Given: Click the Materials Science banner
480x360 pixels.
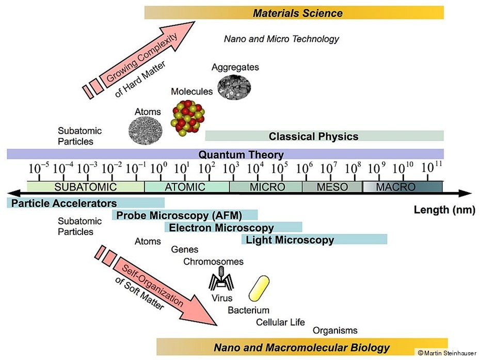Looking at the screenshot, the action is click(294, 12).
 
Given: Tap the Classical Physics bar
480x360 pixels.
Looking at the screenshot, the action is click(324, 136).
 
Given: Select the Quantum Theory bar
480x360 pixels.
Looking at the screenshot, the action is click(226, 154).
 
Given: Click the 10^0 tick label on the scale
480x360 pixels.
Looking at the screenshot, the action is click(158, 168).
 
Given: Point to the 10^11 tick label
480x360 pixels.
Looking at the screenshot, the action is click(431, 167).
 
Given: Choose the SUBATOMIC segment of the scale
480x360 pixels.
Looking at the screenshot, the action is click(86, 186).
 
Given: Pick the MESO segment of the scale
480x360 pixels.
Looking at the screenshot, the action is click(332, 186).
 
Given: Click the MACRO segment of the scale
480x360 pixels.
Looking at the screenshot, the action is click(402, 186).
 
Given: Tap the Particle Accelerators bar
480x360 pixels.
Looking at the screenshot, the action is click(86, 203).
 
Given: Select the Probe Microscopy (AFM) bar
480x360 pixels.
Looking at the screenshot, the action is click(185, 215).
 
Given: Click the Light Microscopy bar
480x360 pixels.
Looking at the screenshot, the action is click(314, 239).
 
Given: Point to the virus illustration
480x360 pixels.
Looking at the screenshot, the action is click(221, 279).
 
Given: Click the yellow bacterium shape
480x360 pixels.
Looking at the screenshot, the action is click(259, 289).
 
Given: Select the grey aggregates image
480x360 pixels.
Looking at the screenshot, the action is click(234, 87).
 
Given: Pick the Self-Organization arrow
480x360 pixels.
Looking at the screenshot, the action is click(156, 286).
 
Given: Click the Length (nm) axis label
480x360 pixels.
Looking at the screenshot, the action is click(444, 210).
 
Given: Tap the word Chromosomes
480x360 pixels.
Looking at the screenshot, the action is click(213, 262).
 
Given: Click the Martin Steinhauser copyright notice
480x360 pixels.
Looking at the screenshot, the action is click(447, 353).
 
